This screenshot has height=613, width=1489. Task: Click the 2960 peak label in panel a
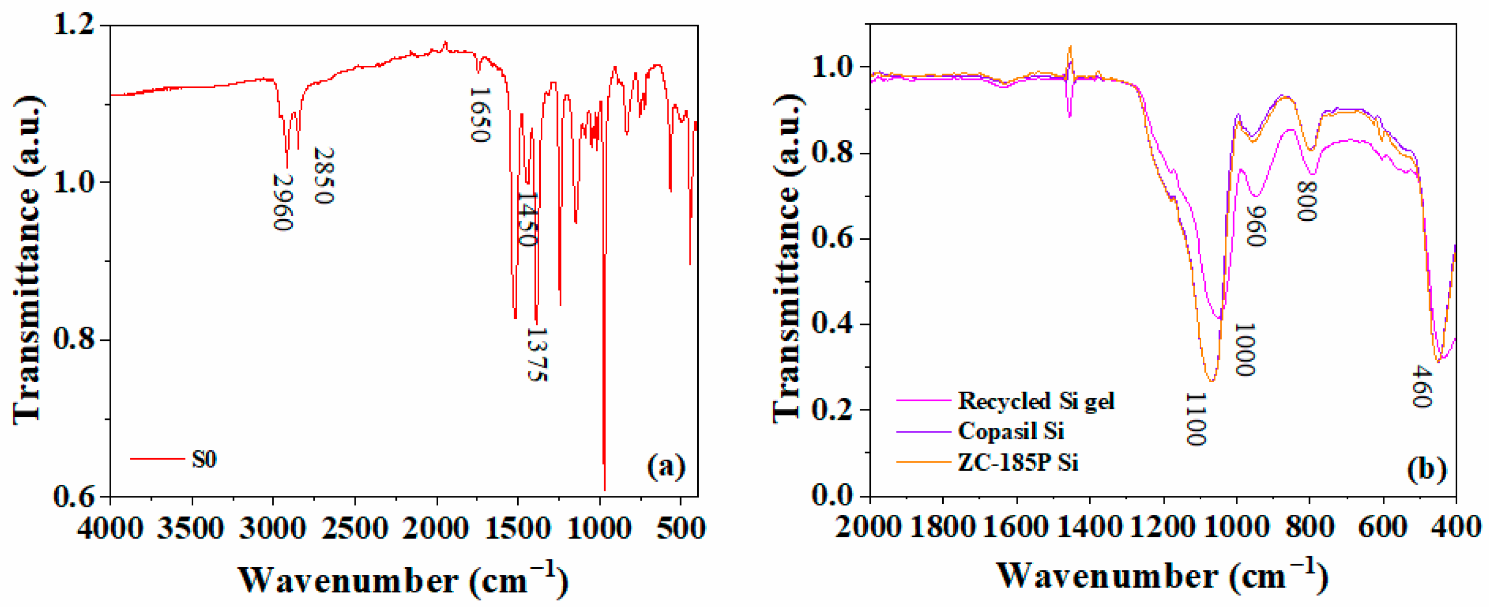pos(283,202)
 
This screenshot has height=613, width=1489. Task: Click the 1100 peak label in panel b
pos(1195,419)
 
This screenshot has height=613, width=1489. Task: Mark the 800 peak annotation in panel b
pos(1306,201)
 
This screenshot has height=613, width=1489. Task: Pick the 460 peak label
pos(1422,386)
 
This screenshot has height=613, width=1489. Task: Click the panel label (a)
pos(666,466)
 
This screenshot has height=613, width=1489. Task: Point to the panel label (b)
pos(1427,468)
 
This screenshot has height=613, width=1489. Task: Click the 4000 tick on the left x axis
pos(110,528)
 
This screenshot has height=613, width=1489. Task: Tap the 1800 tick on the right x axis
pos(943,527)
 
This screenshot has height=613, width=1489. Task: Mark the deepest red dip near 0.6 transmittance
pos(605,489)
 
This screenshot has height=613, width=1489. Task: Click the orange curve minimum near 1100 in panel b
pos(1211,381)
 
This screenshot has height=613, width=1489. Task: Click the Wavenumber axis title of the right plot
pos(1162,576)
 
